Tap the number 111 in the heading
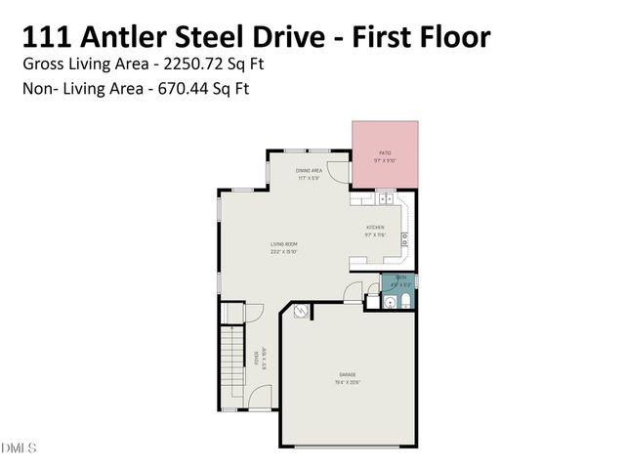[47, 37]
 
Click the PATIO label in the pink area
[385, 153]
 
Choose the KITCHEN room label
[375, 228]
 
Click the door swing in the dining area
[338, 173]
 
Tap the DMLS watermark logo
[19, 448]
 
